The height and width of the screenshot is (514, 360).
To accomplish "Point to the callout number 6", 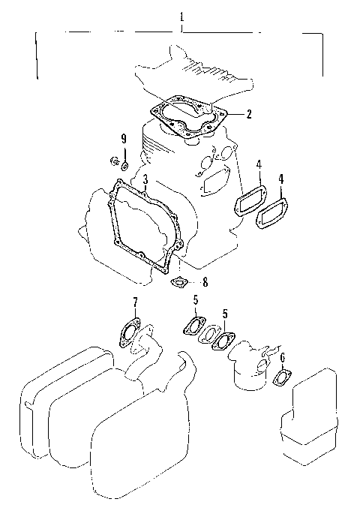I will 282,358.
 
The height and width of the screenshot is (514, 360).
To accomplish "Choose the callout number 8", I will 205,282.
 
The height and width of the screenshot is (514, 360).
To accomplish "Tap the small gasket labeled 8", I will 180,282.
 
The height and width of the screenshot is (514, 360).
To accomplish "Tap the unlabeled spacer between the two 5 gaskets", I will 208,332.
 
